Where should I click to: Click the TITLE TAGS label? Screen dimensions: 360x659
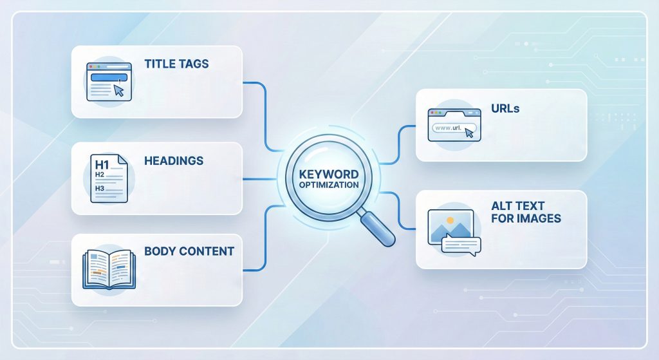coord(178,64)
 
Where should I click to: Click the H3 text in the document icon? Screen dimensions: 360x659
coord(99,188)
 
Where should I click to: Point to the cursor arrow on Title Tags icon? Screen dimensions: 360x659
coord(118,90)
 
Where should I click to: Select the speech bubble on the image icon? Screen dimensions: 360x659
coord(461,245)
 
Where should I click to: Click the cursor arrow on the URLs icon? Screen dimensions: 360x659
coord(469,133)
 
